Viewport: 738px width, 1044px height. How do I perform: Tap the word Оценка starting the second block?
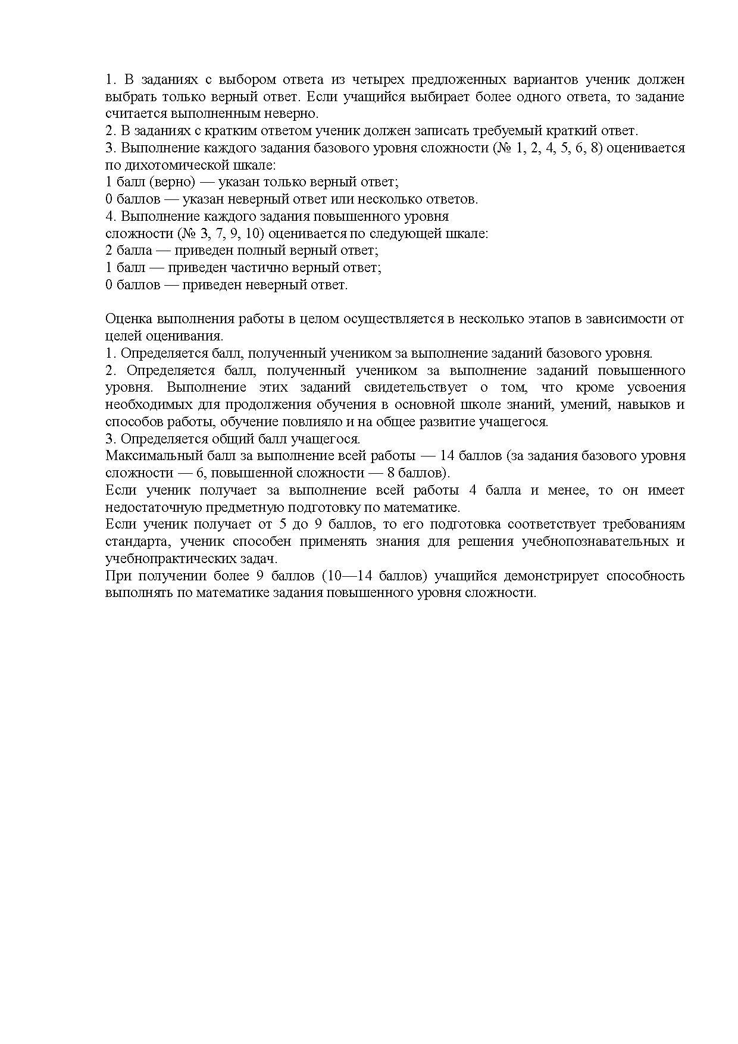point(127,319)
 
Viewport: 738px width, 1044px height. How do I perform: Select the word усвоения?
point(656,387)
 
